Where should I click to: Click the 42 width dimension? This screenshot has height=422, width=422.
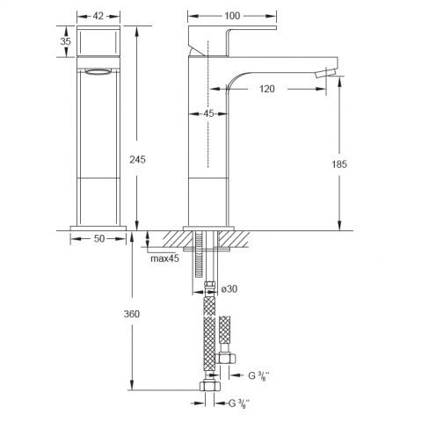[98, 16]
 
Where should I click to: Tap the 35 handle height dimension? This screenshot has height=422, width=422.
[65, 41]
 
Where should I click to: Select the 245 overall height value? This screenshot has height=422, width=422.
[137, 159]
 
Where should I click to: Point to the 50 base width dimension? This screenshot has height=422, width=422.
[99, 238]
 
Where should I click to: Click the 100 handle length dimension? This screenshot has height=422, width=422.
[232, 16]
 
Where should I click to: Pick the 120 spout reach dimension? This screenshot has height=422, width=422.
[267, 89]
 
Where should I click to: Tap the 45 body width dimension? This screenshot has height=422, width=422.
[208, 113]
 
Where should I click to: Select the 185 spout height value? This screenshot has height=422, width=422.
[339, 164]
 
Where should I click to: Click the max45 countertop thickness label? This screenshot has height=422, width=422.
[164, 258]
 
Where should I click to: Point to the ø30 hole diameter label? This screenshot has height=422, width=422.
[229, 289]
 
